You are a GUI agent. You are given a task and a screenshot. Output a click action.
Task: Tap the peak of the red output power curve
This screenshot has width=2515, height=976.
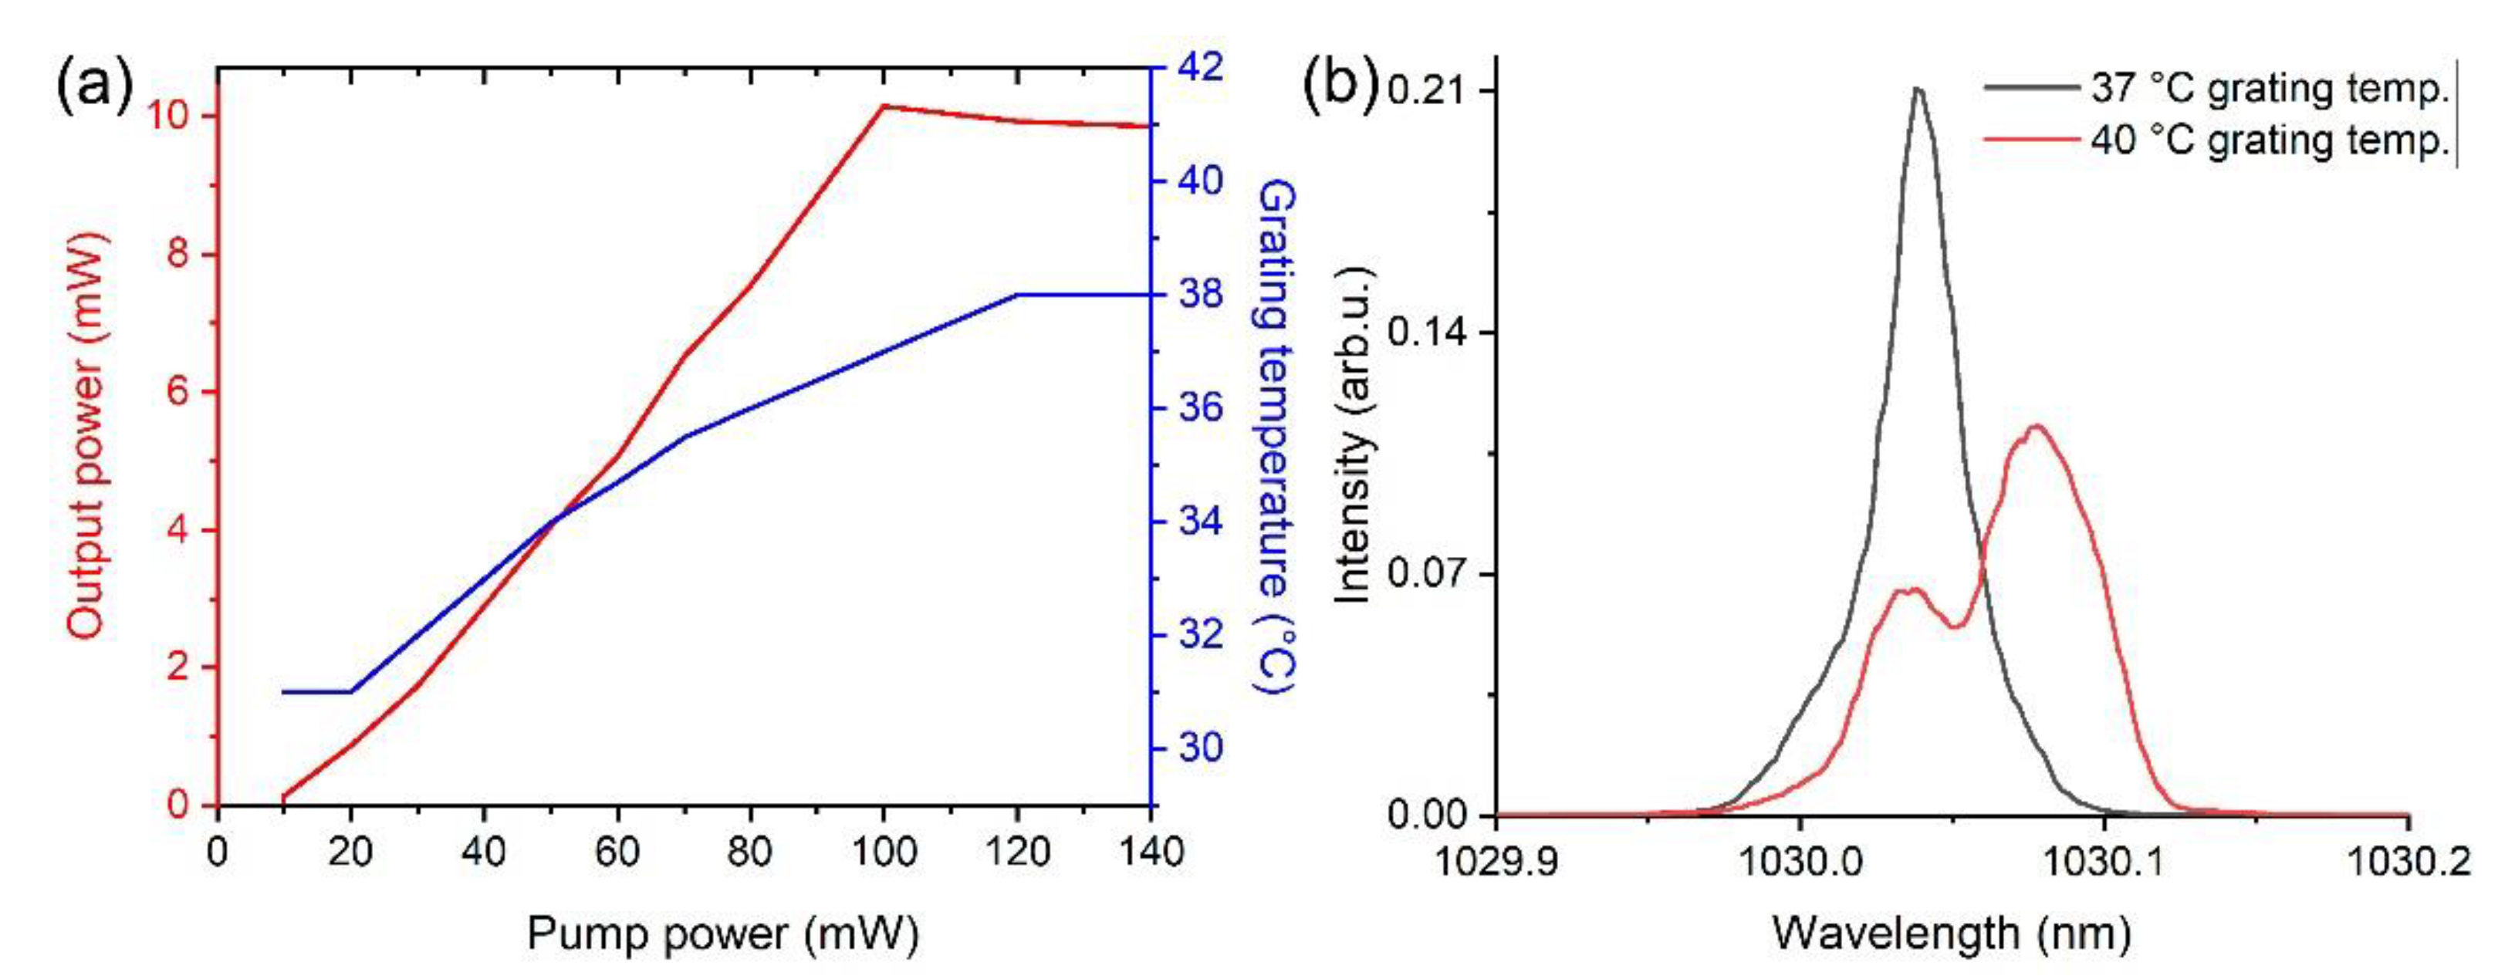[883, 106]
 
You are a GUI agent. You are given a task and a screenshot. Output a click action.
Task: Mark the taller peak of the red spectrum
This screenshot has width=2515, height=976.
[2037, 427]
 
